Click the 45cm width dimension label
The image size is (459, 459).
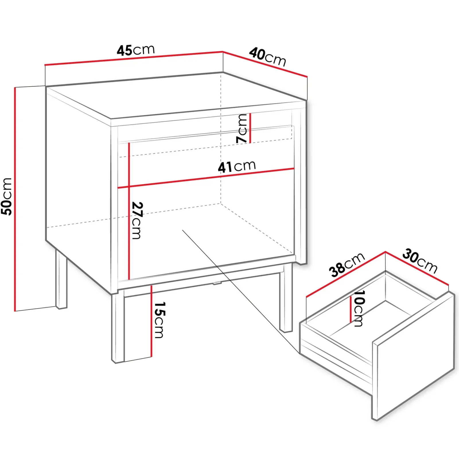click(135, 50)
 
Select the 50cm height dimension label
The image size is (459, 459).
click(6, 197)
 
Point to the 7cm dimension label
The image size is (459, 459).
click(242, 128)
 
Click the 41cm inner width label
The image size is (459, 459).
click(237, 167)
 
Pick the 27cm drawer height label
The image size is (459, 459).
click(137, 220)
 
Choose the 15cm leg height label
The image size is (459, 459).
click(160, 320)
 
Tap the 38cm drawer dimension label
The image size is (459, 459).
click(347, 265)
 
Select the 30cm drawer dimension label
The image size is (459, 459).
click(420, 261)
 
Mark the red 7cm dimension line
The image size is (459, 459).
click(250, 128)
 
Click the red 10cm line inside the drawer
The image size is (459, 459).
click(351, 310)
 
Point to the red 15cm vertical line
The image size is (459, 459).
click(151, 321)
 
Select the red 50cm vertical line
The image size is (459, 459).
click(15, 199)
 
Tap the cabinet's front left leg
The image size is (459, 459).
click(118, 327)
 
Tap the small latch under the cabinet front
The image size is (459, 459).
click(217, 283)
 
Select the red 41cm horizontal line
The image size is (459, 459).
click(206, 178)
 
